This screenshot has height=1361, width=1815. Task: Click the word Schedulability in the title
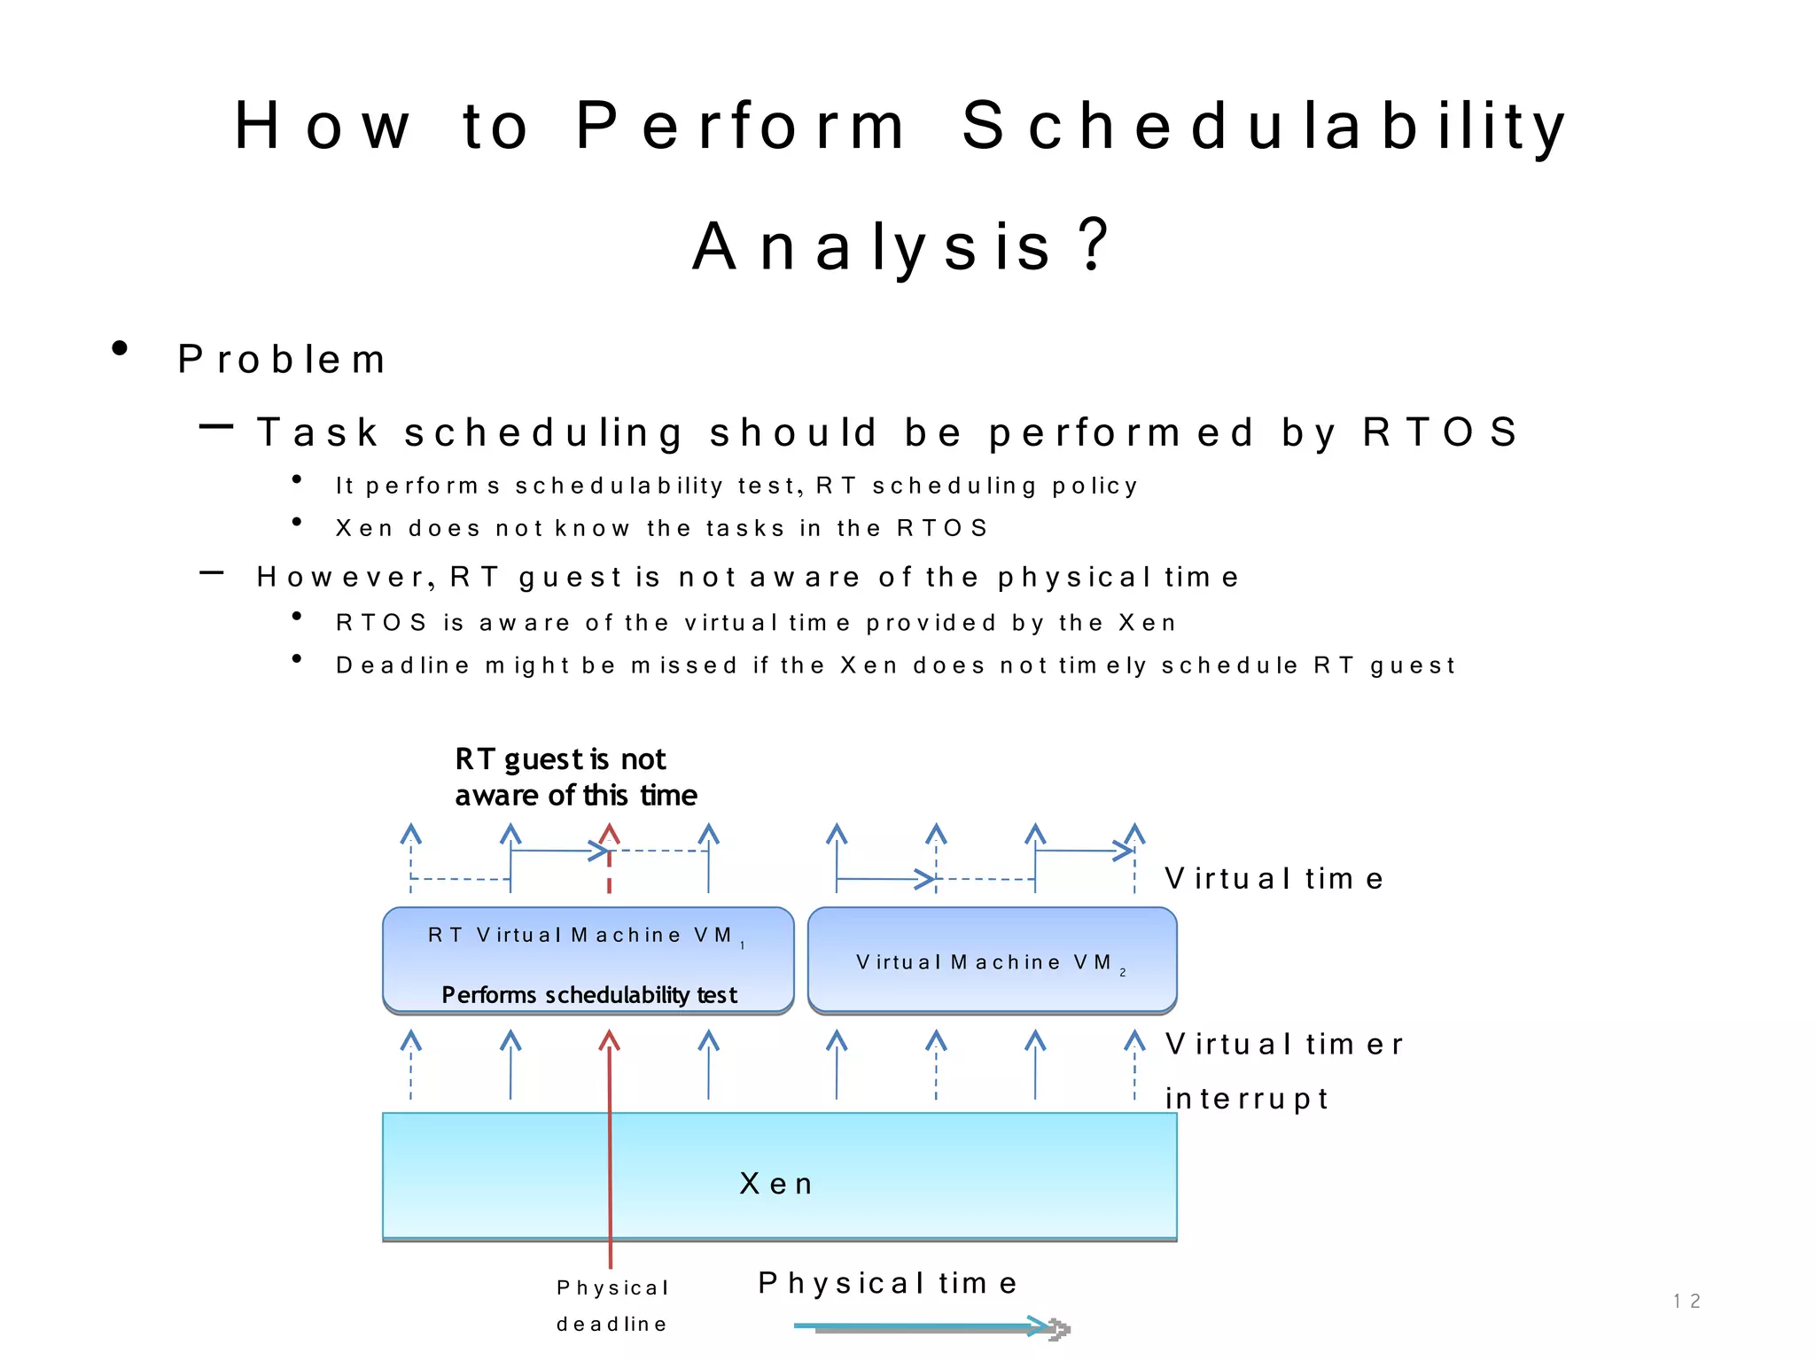pyautogui.click(x=1264, y=127)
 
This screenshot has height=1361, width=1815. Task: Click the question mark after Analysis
pyautogui.click(x=1095, y=245)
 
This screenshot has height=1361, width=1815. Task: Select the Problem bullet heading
pyautogui.click(x=282, y=360)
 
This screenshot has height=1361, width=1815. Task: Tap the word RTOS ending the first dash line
pyautogui.click(x=1440, y=432)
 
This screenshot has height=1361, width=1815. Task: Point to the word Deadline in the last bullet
pyautogui.click(x=403, y=665)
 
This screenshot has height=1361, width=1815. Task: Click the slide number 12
pyautogui.click(x=1686, y=1301)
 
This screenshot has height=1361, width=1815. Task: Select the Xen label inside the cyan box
pyautogui.click(x=776, y=1184)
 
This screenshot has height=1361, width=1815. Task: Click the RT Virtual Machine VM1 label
pyautogui.click(x=585, y=936)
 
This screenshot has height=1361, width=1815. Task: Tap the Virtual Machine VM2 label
pyautogui.click(x=989, y=963)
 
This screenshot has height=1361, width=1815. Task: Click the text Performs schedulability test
pyautogui.click(x=589, y=995)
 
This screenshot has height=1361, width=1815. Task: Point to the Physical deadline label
pyautogui.click(x=611, y=1306)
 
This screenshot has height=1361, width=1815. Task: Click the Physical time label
pyautogui.click(x=888, y=1283)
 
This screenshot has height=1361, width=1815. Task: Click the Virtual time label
pyautogui.click(x=1274, y=879)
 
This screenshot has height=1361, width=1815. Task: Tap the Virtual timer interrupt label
pyautogui.click(x=1283, y=1070)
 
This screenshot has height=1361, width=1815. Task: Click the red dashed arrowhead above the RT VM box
pyautogui.click(x=609, y=835)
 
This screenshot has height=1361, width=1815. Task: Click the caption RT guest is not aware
pyautogui.click(x=575, y=777)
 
